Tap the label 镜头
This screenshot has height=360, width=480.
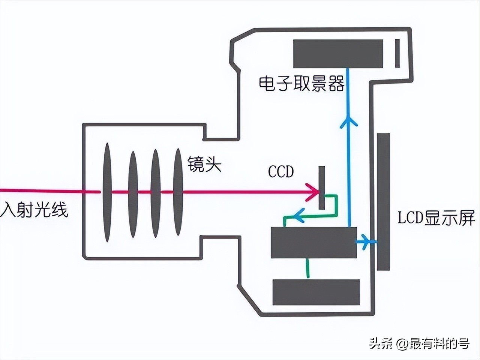(x=204, y=164)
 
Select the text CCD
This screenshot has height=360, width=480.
(x=281, y=172)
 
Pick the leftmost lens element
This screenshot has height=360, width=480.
(x=107, y=192)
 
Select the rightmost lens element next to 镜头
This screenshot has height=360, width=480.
(x=178, y=192)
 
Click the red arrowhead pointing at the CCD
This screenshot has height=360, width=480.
(x=312, y=192)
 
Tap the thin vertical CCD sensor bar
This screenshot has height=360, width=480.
(x=322, y=187)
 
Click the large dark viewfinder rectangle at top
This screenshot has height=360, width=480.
(x=338, y=54)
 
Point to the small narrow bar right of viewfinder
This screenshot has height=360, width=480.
(x=397, y=53)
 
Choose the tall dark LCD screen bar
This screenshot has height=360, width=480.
(x=383, y=201)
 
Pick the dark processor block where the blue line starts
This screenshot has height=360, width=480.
(x=313, y=243)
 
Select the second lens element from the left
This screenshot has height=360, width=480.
(x=133, y=194)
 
